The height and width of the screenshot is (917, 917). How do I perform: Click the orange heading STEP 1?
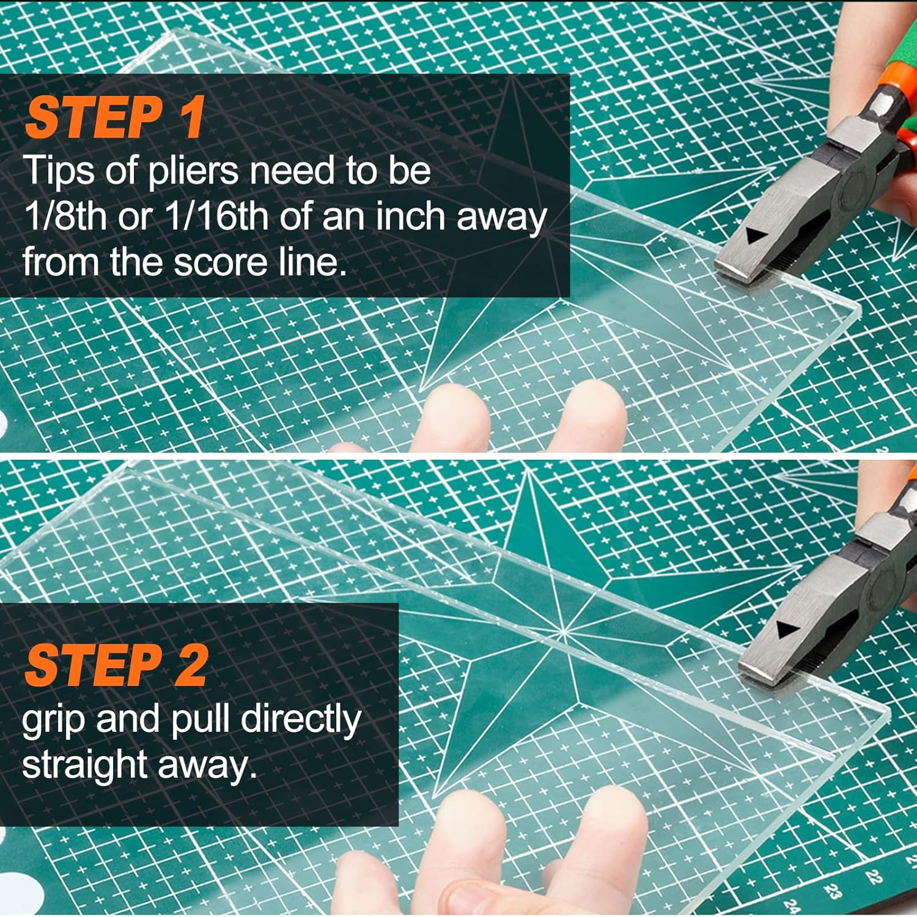click(x=114, y=119)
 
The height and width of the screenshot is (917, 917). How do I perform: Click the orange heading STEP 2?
click(x=116, y=666)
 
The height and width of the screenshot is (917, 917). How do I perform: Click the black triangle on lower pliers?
click(x=787, y=630)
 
